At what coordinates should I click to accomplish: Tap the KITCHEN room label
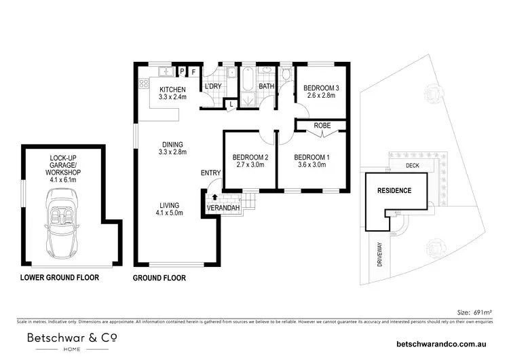coord(172,90)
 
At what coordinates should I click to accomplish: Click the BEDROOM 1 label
coord(312,158)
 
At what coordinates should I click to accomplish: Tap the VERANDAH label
coord(224,206)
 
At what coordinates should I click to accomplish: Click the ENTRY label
coord(210,173)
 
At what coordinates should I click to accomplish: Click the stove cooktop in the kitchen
coord(144,85)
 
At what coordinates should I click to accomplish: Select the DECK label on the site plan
coord(411,165)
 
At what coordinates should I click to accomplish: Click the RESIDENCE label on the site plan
coord(394,191)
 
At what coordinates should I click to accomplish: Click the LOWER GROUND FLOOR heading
coord(59,277)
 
